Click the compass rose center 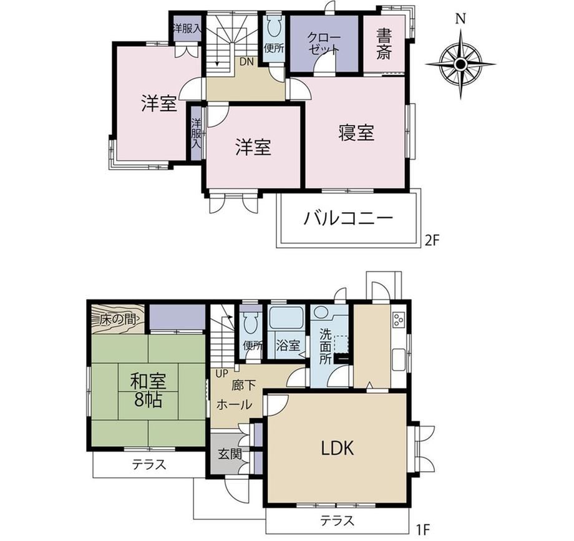click(x=460, y=64)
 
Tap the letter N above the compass click(x=461, y=19)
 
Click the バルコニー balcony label click(x=348, y=219)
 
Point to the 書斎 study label click(x=384, y=45)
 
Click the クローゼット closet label click(x=324, y=43)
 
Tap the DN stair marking click(x=246, y=62)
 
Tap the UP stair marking click(x=222, y=373)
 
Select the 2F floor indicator click(x=431, y=240)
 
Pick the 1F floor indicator click(x=422, y=529)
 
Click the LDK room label click(x=338, y=448)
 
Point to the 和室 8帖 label click(x=148, y=390)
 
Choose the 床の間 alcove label click(x=117, y=319)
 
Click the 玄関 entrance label click(x=230, y=454)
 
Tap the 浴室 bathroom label click(x=288, y=345)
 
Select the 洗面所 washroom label click(x=326, y=347)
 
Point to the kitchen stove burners click(x=398, y=320)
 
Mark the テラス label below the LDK click(x=337, y=520)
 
